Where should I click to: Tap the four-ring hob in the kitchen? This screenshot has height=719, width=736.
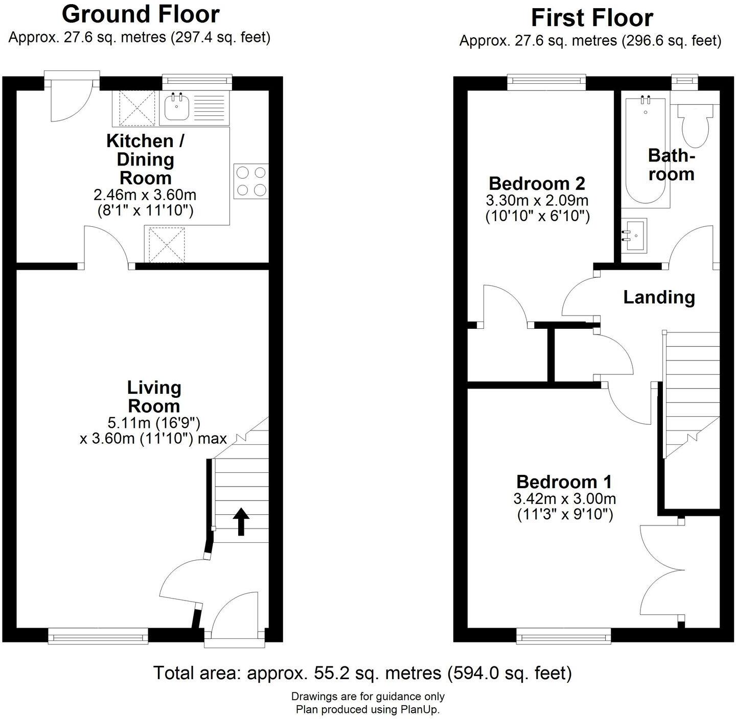tap(251, 181)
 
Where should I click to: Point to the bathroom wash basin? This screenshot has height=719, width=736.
tap(634, 235)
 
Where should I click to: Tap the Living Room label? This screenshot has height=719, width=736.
tap(154, 397)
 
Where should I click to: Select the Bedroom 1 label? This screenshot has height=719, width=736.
tap(564, 482)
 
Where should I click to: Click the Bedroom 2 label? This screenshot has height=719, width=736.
tap(537, 183)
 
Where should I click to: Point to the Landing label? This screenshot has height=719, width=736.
tap(659, 297)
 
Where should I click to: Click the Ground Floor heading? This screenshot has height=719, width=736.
tap(141, 14)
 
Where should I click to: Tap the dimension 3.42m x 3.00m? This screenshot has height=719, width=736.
tap(564, 498)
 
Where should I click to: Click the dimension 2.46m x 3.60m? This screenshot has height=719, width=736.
tap(145, 195)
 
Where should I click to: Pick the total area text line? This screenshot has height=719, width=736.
tap(362, 673)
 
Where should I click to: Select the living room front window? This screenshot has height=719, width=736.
tap(98, 636)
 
